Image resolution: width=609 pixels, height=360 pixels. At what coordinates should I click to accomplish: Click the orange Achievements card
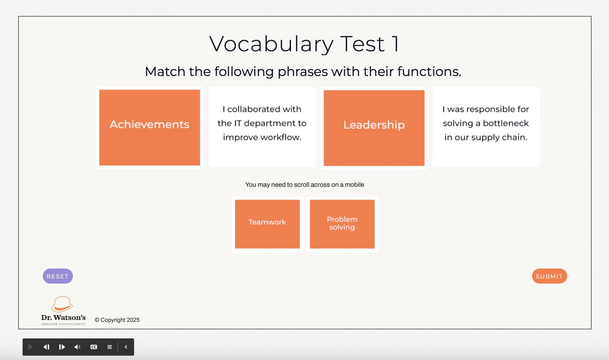(x=150, y=128)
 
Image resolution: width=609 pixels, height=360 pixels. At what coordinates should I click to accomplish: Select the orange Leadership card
(x=374, y=128)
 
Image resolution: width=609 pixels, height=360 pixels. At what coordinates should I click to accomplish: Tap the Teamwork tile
(x=267, y=224)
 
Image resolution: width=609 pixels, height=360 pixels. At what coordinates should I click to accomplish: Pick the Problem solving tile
(x=342, y=224)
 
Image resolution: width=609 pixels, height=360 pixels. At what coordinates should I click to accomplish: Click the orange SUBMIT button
(x=549, y=276)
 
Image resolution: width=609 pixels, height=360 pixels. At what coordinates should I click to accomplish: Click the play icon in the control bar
(x=31, y=347)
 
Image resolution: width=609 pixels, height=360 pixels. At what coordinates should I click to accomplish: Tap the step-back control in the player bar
(x=46, y=347)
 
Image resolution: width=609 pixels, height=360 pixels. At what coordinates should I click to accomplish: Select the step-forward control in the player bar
(x=62, y=347)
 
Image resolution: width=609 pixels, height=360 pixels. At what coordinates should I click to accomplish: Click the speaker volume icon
(x=77, y=347)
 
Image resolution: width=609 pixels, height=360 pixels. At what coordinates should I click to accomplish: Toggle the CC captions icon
(x=94, y=347)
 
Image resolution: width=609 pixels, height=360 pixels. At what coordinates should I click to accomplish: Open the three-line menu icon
(x=110, y=347)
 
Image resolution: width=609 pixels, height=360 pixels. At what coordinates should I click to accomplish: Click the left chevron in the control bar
(x=126, y=347)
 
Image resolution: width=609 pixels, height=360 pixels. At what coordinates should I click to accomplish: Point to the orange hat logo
(x=62, y=304)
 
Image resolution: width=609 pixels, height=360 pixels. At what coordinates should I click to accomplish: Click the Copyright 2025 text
(x=117, y=320)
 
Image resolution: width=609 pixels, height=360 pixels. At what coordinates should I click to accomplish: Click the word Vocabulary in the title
(x=271, y=44)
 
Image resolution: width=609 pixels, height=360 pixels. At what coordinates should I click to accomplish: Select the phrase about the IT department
(x=262, y=123)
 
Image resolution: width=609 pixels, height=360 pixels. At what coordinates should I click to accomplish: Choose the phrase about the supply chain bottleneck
(x=486, y=123)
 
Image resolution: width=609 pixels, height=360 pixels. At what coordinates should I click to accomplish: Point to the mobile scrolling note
(x=304, y=185)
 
